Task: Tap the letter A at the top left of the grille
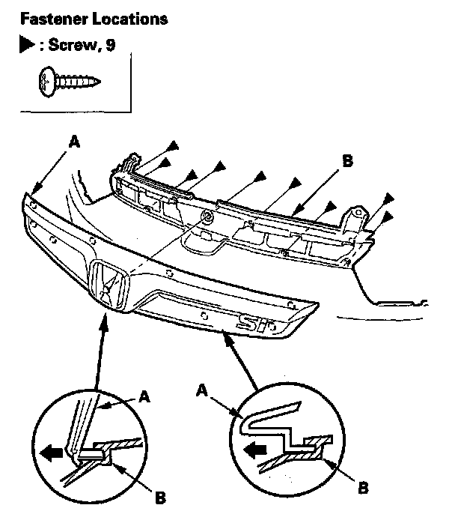click(x=73, y=141)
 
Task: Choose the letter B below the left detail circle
click(x=159, y=497)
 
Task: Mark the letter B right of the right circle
click(x=361, y=488)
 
